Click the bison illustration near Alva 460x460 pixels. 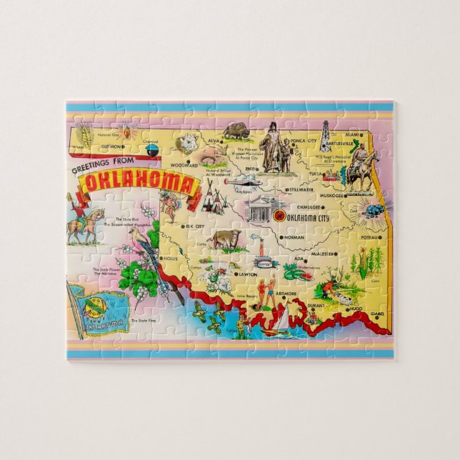point(236,131)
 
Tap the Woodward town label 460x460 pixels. point(184,164)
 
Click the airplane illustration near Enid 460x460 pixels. point(239,181)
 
